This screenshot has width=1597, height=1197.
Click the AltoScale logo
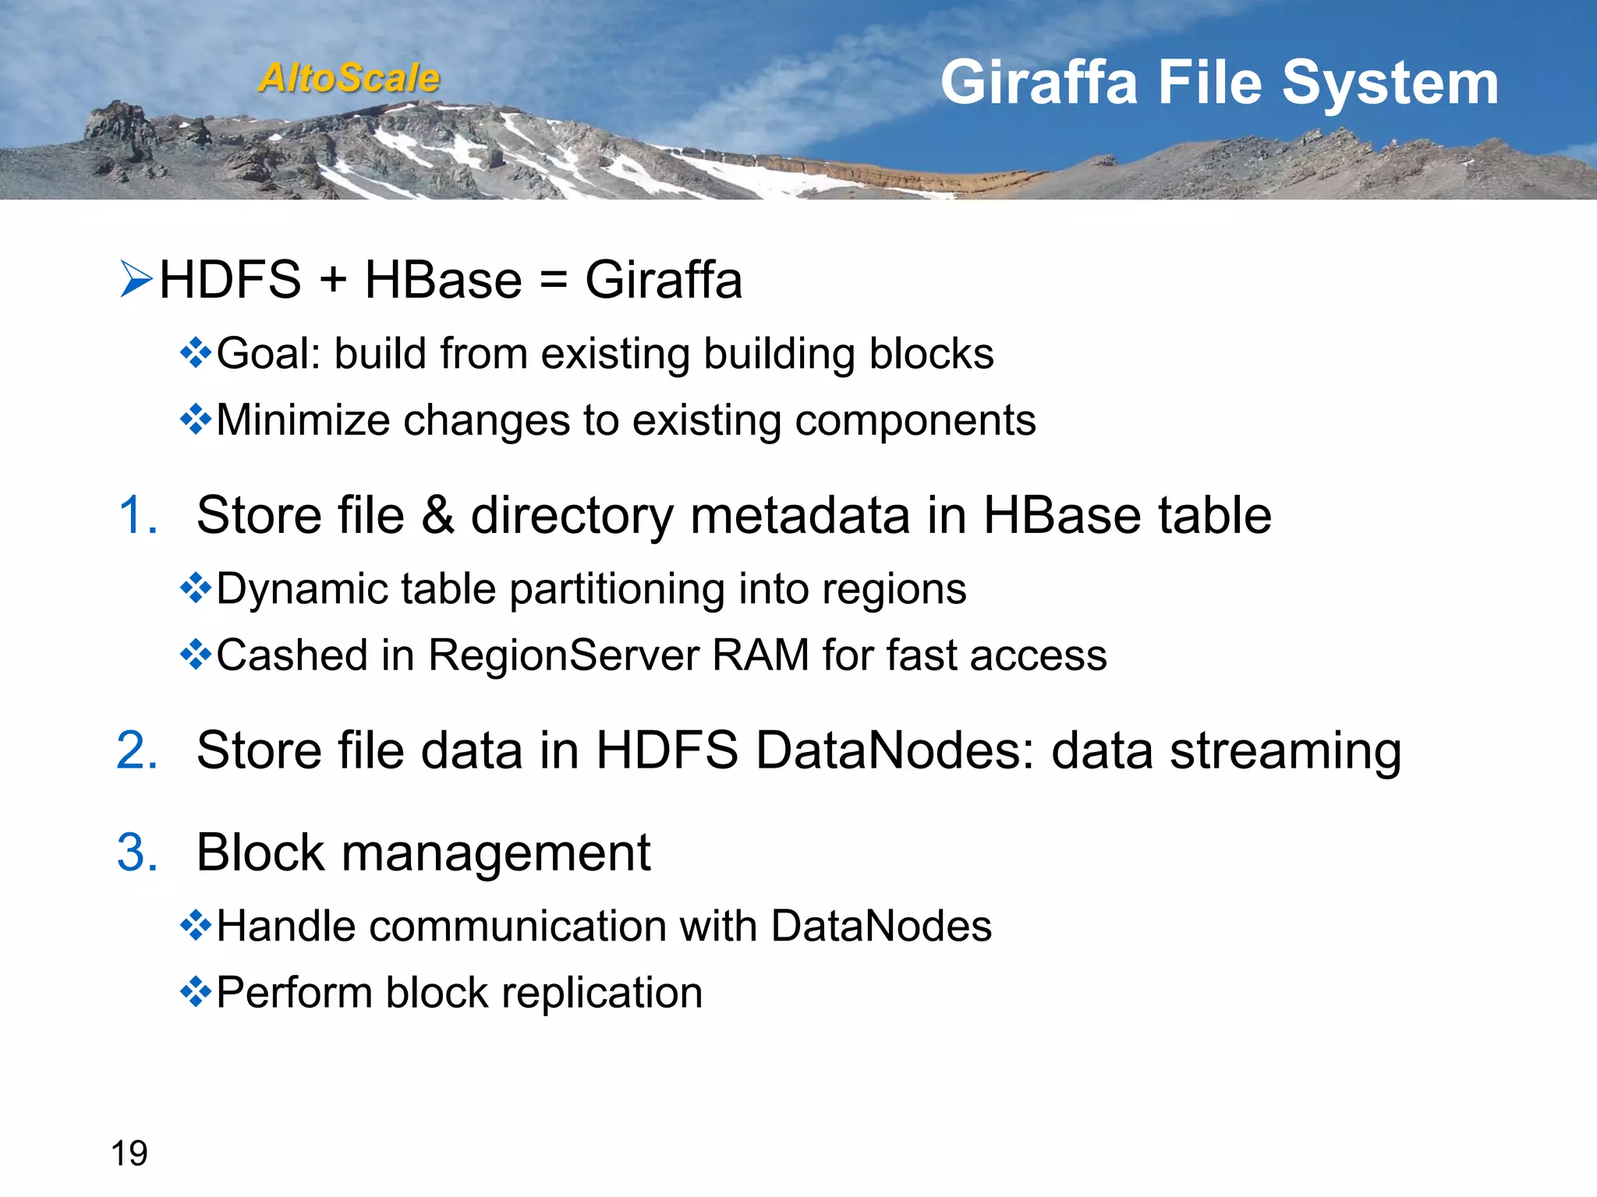click(x=349, y=78)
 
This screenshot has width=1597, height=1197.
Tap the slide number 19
click(x=129, y=1153)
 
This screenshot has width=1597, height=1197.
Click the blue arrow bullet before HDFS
click(x=136, y=280)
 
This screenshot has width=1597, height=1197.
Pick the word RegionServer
click(x=564, y=655)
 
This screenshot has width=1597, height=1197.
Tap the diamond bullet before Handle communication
click(x=196, y=926)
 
